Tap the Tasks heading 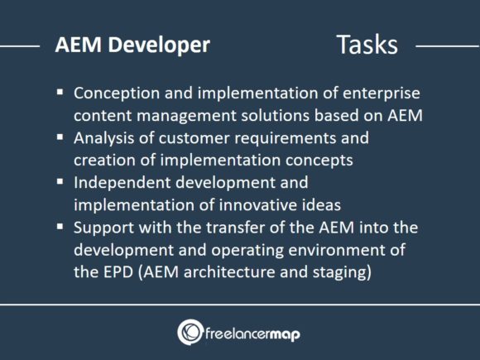tap(367, 45)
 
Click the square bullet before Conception tap(60, 94)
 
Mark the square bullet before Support tap(60, 223)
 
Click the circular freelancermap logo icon tap(191, 332)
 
